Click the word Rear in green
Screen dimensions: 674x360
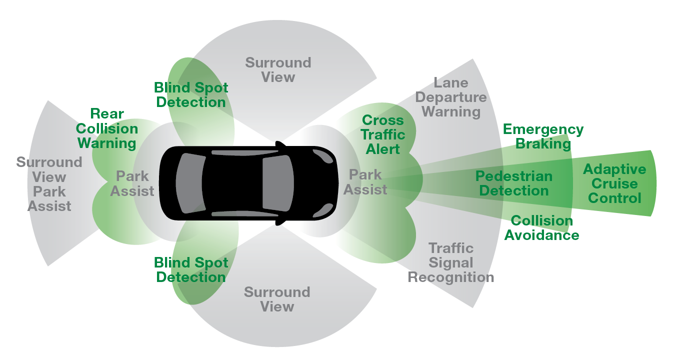click(107, 114)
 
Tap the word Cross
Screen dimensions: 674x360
click(382, 120)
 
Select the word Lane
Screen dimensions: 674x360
click(450, 83)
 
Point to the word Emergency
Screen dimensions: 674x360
click(543, 129)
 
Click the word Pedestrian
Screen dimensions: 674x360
click(513, 176)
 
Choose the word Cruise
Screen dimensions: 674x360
click(614, 184)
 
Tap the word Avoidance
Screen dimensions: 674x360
click(541, 235)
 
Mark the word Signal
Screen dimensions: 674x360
click(450, 263)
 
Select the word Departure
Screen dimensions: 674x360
click(450, 97)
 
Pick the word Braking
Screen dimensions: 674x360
click(543, 144)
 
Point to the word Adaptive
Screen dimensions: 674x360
click(614, 169)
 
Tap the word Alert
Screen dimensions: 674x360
click(382, 149)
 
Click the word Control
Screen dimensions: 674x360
click(614, 198)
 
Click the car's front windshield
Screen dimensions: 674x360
click(277, 183)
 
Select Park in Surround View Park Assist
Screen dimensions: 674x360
click(49, 191)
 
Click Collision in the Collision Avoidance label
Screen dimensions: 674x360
click(541, 221)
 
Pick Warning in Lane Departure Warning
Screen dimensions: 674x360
click(450, 112)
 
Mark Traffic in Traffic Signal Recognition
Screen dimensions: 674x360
click(450, 248)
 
